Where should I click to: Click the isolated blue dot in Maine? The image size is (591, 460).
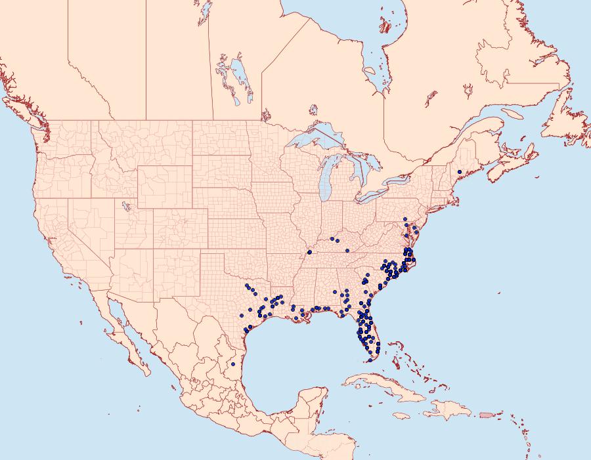coord(460,172)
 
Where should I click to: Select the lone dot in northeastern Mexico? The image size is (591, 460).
coord(233,364)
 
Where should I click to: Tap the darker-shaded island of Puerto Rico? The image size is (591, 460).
coord(486,414)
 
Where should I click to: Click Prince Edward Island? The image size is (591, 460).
coord(512,149)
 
